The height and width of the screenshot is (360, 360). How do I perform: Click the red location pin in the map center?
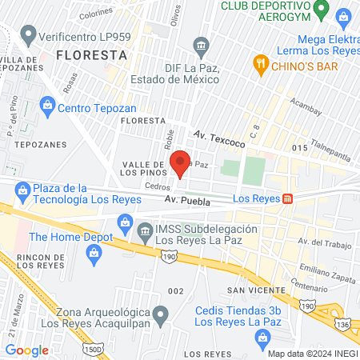(181, 162)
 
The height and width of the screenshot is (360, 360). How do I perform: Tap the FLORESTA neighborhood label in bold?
(92, 55)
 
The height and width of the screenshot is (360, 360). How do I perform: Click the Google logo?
(26, 350)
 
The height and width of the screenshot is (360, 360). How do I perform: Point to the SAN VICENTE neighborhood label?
(255, 290)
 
